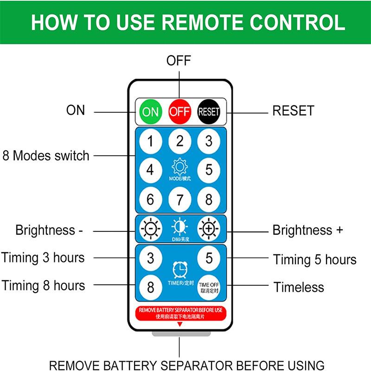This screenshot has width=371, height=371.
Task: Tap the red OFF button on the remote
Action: click(179, 111)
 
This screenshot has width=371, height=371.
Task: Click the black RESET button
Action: click(209, 111)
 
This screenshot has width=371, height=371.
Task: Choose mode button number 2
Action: click(179, 141)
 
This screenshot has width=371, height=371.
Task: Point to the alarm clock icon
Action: click(179, 269)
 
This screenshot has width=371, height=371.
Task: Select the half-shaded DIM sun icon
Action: click(179, 227)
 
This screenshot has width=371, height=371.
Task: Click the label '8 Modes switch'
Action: click(45, 155)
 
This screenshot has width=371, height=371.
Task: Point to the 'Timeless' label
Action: click(299, 288)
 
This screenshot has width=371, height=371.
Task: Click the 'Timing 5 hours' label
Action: click(314, 259)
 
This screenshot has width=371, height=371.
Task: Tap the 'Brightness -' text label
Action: click(49, 230)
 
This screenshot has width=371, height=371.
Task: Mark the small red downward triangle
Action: click(179, 324)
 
